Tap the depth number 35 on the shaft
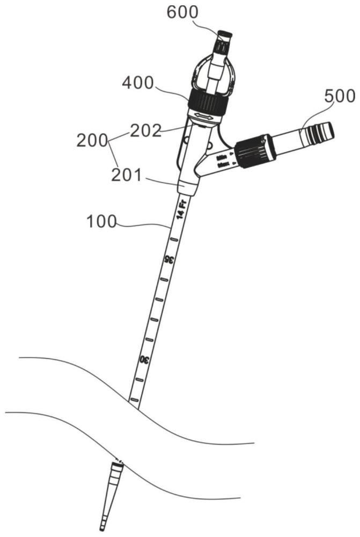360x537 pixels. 167,260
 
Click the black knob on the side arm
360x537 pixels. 256,149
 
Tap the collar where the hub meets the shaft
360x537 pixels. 188,188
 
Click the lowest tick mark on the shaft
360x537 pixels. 134,400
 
